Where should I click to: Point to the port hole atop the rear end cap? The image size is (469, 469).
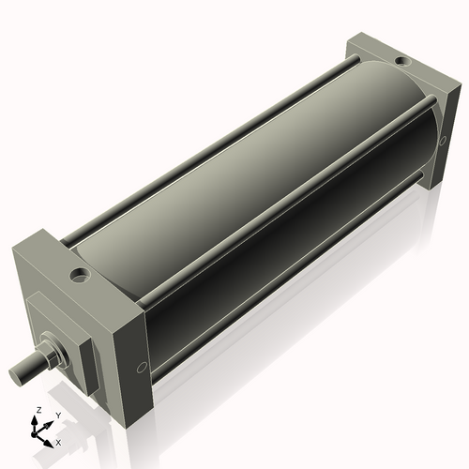pos(401,62)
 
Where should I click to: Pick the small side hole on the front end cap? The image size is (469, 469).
pos(142,367)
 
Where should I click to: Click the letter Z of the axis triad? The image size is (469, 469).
pos(38,410)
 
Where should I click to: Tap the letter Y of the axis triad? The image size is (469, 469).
pos(58,414)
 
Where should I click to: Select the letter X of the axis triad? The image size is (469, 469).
pos(58,441)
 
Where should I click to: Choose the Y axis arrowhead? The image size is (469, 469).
pos(51,420)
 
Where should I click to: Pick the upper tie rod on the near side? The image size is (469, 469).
pos(281,187)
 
